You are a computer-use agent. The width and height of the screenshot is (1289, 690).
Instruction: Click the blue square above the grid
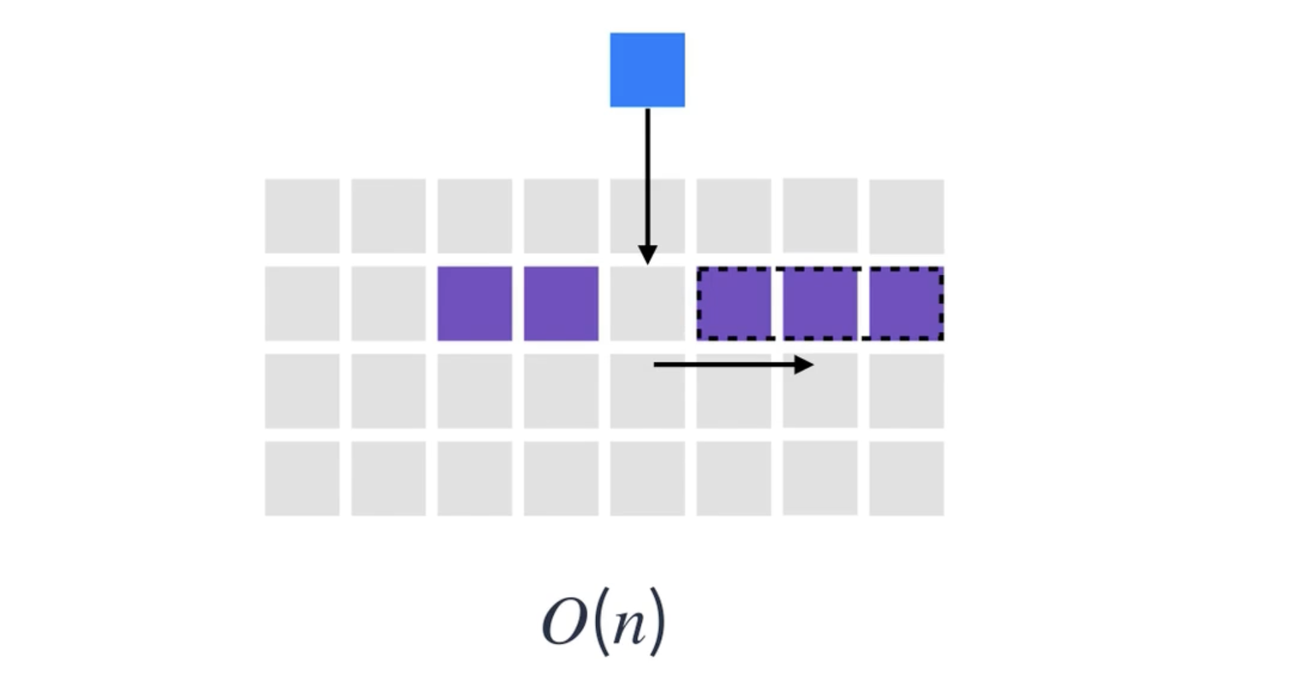coord(647,70)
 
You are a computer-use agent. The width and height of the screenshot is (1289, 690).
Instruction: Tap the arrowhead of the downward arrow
coord(647,255)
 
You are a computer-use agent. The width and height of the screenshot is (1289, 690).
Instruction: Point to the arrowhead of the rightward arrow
coord(804,364)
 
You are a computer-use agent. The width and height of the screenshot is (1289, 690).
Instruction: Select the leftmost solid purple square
coord(475,303)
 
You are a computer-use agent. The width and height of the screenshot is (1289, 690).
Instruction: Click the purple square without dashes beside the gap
coord(561,303)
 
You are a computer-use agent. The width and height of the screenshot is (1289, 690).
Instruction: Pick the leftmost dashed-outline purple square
coord(734,303)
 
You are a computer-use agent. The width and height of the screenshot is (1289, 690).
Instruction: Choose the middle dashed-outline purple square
coord(820,303)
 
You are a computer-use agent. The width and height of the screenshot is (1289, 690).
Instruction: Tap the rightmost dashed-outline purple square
coord(907,303)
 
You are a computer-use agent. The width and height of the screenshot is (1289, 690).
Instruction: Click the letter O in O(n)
coord(564,622)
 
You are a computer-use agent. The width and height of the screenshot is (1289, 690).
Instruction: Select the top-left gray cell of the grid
coord(302,216)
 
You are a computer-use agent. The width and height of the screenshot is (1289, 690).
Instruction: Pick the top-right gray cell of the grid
coord(907,216)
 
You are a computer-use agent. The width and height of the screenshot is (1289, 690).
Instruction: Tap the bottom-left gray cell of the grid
coord(302,478)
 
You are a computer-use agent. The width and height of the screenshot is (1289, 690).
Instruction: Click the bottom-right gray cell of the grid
coord(907,478)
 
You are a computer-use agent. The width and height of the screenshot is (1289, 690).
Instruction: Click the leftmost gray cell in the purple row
coord(302,303)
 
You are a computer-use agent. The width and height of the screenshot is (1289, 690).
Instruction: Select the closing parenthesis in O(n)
coord(656,622)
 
